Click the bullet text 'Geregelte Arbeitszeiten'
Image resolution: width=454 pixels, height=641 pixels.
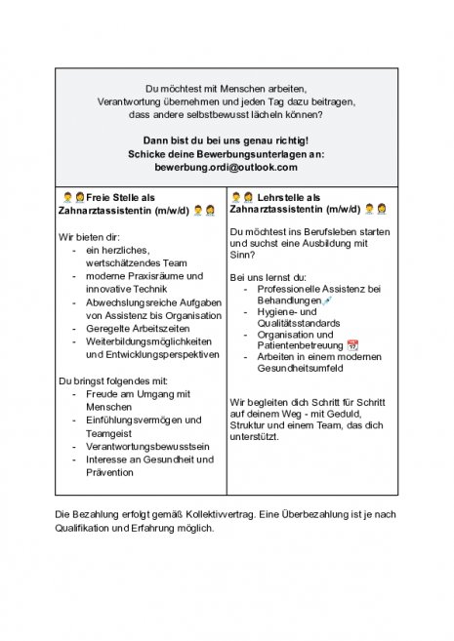click(132, 330)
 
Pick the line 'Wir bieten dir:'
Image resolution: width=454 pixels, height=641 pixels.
click(91, 237)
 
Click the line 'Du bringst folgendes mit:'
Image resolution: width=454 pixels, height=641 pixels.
click(114, 381)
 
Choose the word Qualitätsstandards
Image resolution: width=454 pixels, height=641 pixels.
click(299, 323)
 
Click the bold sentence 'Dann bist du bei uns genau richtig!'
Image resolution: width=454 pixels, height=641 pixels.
click(226, 140)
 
